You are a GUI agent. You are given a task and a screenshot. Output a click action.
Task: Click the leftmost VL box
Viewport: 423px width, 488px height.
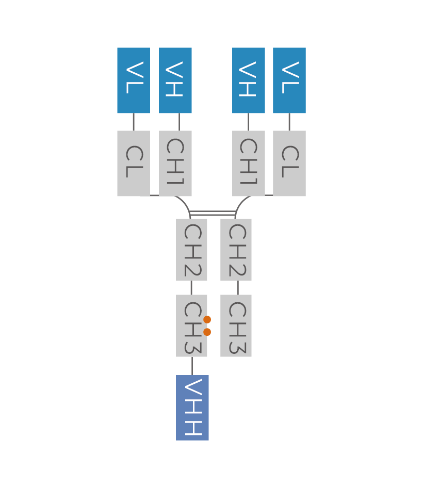[x=134, y=80]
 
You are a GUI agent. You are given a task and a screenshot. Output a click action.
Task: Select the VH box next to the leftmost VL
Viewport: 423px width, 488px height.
[x=175, y=80]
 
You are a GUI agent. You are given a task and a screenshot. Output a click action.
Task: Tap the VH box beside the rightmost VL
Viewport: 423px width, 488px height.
[x=249, y=80]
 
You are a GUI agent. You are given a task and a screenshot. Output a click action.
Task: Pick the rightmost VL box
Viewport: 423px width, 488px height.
[x=289, y=80]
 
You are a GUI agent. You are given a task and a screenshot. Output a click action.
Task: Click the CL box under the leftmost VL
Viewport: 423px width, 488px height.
[x=134, y=164]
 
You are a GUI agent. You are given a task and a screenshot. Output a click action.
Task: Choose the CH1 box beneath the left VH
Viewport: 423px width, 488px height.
[x=175, y=164]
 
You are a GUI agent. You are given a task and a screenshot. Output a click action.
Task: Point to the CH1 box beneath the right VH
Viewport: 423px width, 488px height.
[x=249, y=164]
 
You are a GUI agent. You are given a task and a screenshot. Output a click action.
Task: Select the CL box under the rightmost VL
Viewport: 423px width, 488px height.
[x=289, y=164]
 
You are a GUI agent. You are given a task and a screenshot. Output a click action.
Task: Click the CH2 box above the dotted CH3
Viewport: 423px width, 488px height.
[x=191, y=250]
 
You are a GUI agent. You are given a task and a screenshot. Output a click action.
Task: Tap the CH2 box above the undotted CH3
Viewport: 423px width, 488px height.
[x=236, y=250]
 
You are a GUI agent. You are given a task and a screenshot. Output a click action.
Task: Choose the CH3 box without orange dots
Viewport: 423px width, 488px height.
[x=236, y=326]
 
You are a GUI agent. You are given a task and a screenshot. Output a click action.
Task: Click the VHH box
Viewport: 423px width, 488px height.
[x=192, y=408]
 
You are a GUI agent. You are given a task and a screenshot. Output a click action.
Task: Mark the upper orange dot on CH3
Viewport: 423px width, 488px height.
[x=207, y=320]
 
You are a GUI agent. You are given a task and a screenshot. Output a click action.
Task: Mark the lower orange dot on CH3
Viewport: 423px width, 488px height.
[x=207, y=332]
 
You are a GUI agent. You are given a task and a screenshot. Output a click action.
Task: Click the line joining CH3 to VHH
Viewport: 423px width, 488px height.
[x=192, y=366]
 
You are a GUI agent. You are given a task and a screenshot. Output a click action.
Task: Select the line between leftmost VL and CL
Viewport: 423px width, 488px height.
[x=134, y=122]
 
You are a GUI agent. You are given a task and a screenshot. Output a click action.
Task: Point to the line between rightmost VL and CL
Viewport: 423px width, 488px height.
[x=289, y=122]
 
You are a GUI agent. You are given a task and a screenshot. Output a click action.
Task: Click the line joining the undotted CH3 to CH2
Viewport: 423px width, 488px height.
[x=238, y=288]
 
